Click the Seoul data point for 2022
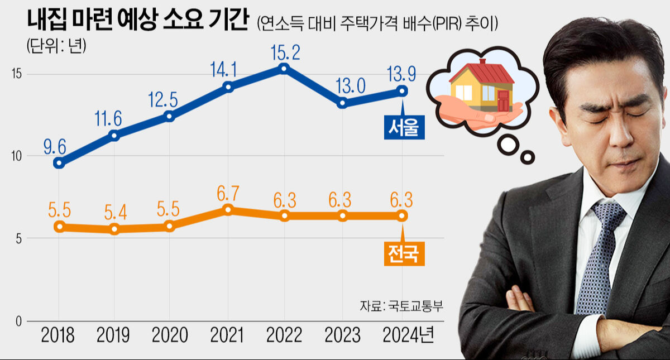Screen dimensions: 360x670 click(284, 68)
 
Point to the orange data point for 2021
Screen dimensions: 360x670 click(227, 209)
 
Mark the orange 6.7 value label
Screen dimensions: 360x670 click(228, 194)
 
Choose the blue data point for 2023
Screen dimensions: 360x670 click(342, 103)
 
